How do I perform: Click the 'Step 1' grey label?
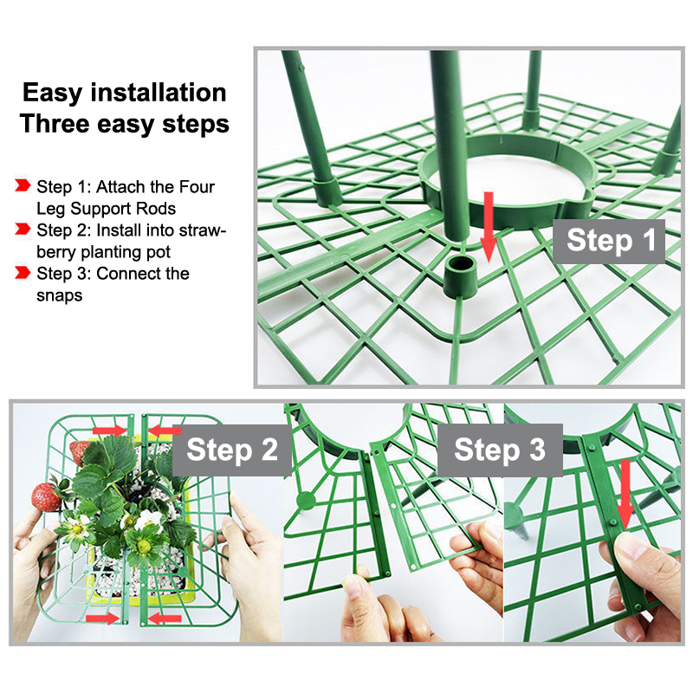(x=609, y=242)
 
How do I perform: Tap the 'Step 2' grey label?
(x=231, y=450)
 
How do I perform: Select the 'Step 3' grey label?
(x=500, y=450)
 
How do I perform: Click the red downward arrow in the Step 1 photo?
(x=489, y=227)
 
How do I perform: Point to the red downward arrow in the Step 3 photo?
(x=625, y=495)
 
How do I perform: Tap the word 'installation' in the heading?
(x=159, y=93)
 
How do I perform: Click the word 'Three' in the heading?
(x=55, y=123)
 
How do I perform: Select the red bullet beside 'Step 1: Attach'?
(x=23, y=185)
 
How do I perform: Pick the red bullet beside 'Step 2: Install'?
(x=23, y=229)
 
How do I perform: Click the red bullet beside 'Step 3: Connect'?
(x=23, y=272)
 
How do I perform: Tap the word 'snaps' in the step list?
(x=59, y=295)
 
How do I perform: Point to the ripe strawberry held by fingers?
(x=46, y=497)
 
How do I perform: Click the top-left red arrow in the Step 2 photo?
(x=110, y=431)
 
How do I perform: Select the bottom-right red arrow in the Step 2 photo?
(x=164, y=619)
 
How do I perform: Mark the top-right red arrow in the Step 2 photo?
(x=165, y=431)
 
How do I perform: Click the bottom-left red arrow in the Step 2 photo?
(x=102, y=619)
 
